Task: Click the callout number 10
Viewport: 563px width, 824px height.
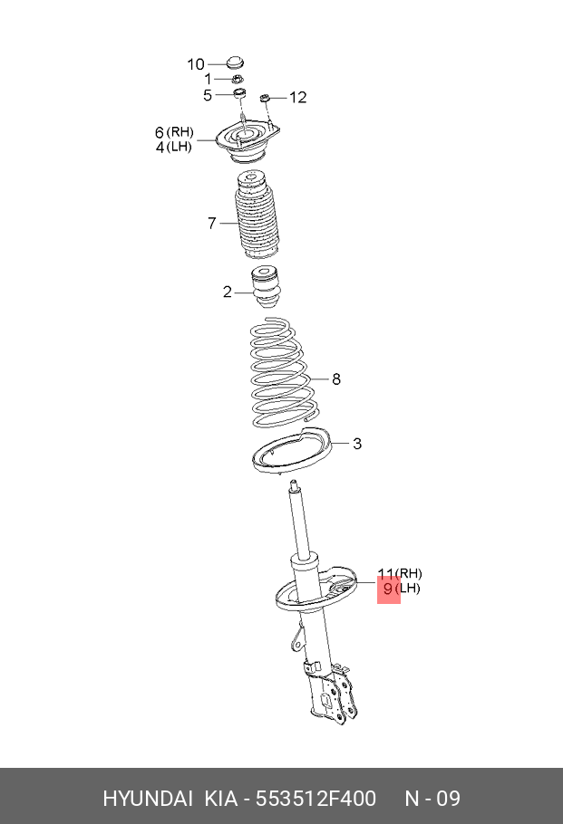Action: click(x=196, y=64)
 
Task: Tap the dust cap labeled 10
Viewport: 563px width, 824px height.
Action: click(x=235, y=62)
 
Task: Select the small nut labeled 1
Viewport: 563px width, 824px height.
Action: click(x=238, y=80)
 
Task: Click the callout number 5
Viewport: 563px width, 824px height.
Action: click(x=208, y=95)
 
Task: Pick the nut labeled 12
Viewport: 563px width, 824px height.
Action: click(x=266, y=98)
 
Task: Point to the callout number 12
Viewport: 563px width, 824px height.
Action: click(x=297, y=97)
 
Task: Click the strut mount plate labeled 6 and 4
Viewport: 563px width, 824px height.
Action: click(x=248, y=142)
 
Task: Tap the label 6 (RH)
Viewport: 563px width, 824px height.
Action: click(x=174, y=132)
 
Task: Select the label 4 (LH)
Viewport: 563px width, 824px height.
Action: click(x=174, y=147)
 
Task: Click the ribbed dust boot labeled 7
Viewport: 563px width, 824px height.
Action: click(x=257, y=215)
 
